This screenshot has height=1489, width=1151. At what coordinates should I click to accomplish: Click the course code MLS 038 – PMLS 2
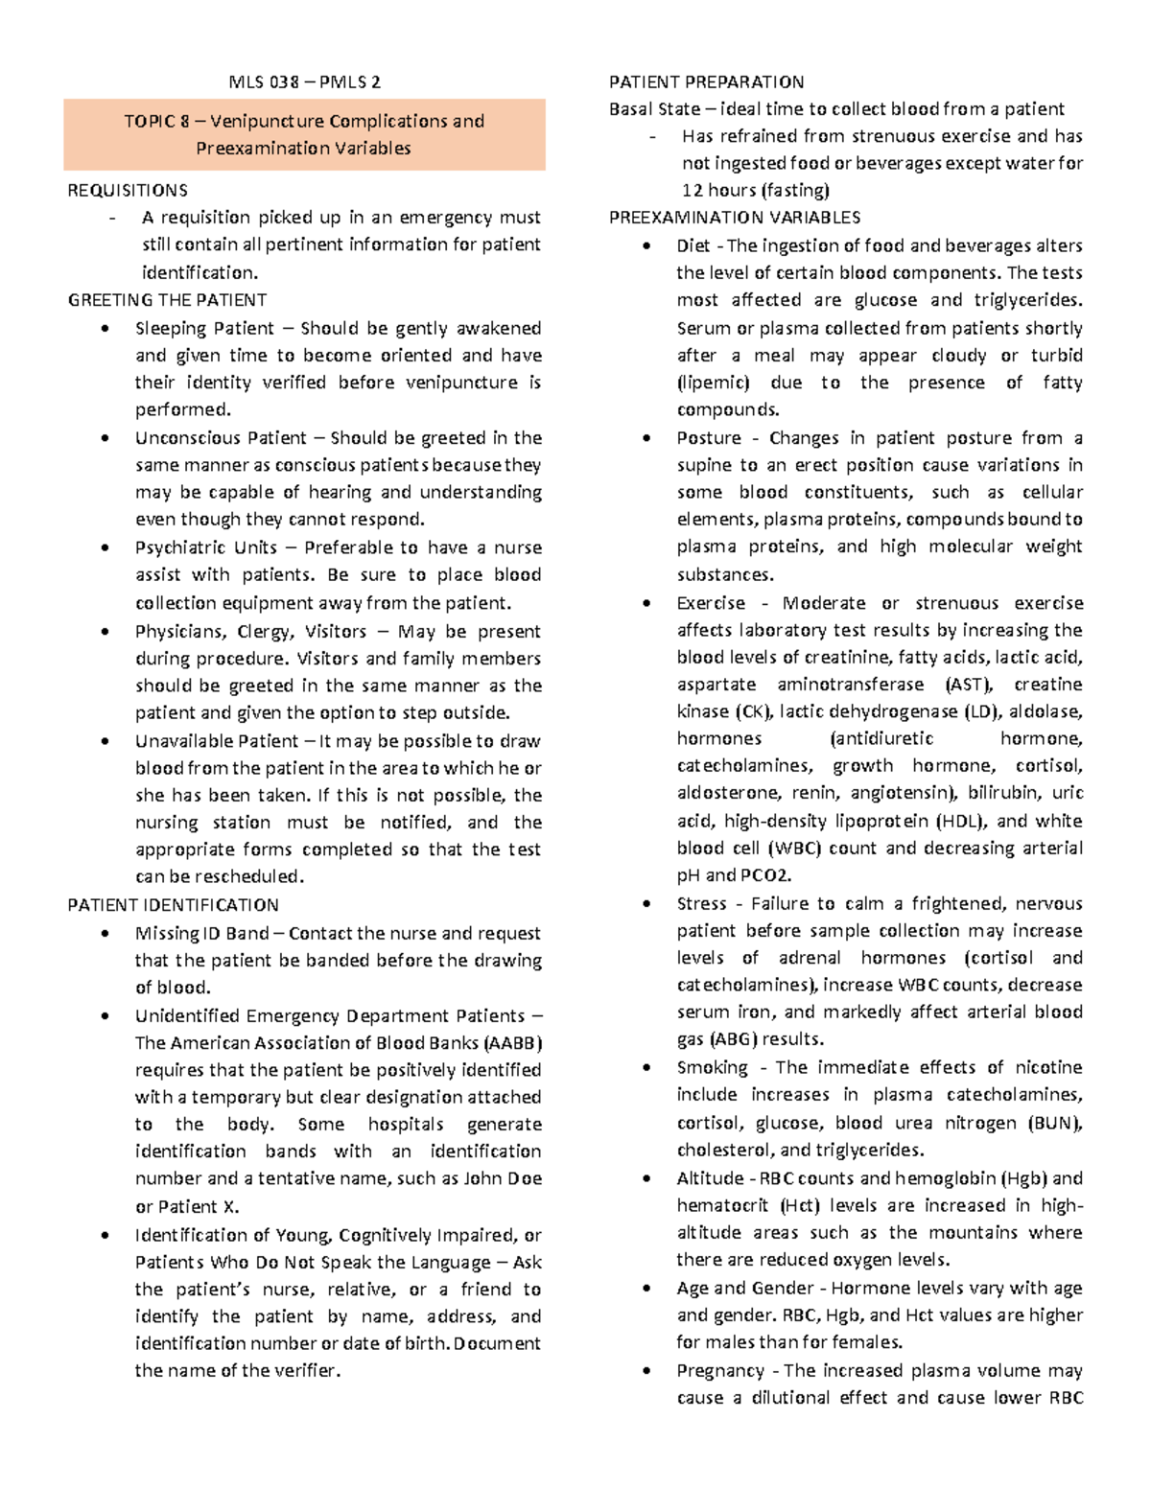click(x=304, y=81)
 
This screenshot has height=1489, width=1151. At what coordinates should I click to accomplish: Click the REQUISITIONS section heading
click(x=128, y=190)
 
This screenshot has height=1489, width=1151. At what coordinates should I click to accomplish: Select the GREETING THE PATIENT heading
click(x=167, y=300)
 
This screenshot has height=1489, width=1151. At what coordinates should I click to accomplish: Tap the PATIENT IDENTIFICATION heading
click(x=173, y=904)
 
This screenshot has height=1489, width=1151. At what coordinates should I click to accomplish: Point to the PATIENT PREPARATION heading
click(x=706, y=81)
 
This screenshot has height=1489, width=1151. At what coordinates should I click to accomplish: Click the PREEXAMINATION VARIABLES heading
click(x=735, y=217)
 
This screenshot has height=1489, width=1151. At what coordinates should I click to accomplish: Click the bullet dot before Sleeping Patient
click(x=105, y=329)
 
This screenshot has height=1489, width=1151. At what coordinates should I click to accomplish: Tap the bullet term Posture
click(x=709, y=438)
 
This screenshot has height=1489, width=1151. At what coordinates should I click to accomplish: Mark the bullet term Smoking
click(x=712, y=1067)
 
